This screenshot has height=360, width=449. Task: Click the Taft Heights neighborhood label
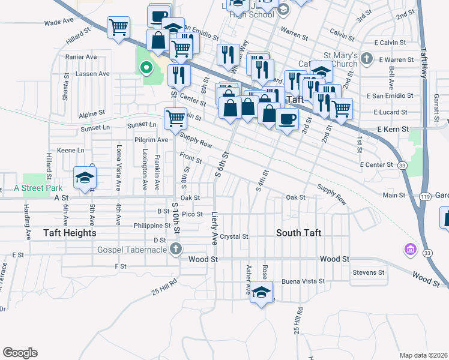tap(70, 233)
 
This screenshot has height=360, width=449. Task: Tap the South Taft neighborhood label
tap(299, 232)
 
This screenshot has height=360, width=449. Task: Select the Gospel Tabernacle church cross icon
tap(175, 248)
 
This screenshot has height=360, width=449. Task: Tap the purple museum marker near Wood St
tap(411, 248)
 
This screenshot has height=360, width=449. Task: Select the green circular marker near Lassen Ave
tap(145, 68)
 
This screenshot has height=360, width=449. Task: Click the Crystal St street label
tap(234, 236)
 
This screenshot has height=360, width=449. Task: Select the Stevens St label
tap(369, 272)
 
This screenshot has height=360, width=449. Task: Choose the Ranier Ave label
tap(82, 57)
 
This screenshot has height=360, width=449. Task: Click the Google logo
tap(20, 352)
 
